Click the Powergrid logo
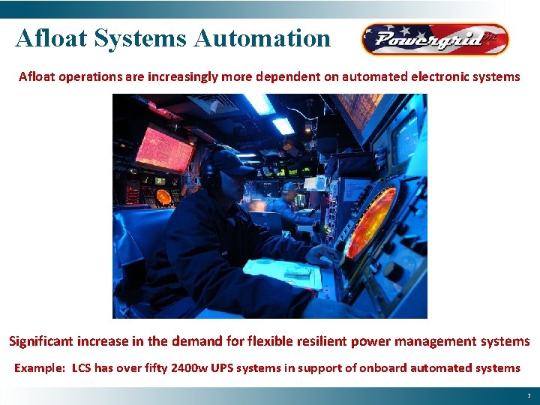pyautogui.click(x=434, y=39)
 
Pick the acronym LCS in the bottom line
pyautogui.click(x=83, y=367)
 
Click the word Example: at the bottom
pyautogui.click(x=39, y=367)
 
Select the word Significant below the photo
pyautogui.click(x=43, y=341)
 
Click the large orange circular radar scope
pyautogui.click(x=370, y=221)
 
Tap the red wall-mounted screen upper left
pyautogui.click(x=164, y=145)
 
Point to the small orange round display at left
pyautogui.click(x=163, y=196)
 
